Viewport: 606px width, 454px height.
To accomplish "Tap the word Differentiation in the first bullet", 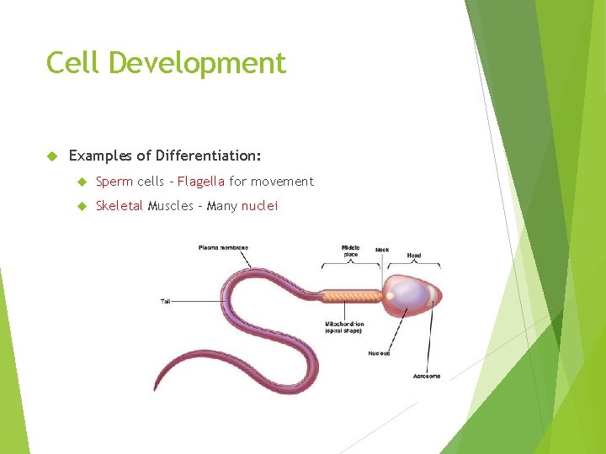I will (208, 156).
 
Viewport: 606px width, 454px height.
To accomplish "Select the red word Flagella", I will (200, 181).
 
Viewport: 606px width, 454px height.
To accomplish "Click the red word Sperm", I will (114, 181).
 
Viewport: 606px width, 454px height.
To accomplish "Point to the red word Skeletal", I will (119, 206).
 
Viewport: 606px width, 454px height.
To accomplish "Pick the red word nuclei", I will (259, 206).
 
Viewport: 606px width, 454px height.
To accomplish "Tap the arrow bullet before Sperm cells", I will (82, 181).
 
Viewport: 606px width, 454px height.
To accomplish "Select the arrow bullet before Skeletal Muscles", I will (82, 206).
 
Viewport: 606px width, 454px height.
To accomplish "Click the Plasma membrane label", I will (223, 247).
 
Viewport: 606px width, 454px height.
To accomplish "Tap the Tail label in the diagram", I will (167, 300).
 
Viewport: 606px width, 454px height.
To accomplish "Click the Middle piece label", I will (350, 251).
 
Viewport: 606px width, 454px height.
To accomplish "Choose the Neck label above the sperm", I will (382, 250).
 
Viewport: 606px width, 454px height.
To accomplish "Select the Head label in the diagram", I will (414, 255).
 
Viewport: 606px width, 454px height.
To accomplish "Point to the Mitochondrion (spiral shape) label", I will (344, 327).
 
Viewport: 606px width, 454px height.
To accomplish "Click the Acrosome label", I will (426, 376).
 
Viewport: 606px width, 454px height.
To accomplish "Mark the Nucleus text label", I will (379, 353).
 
